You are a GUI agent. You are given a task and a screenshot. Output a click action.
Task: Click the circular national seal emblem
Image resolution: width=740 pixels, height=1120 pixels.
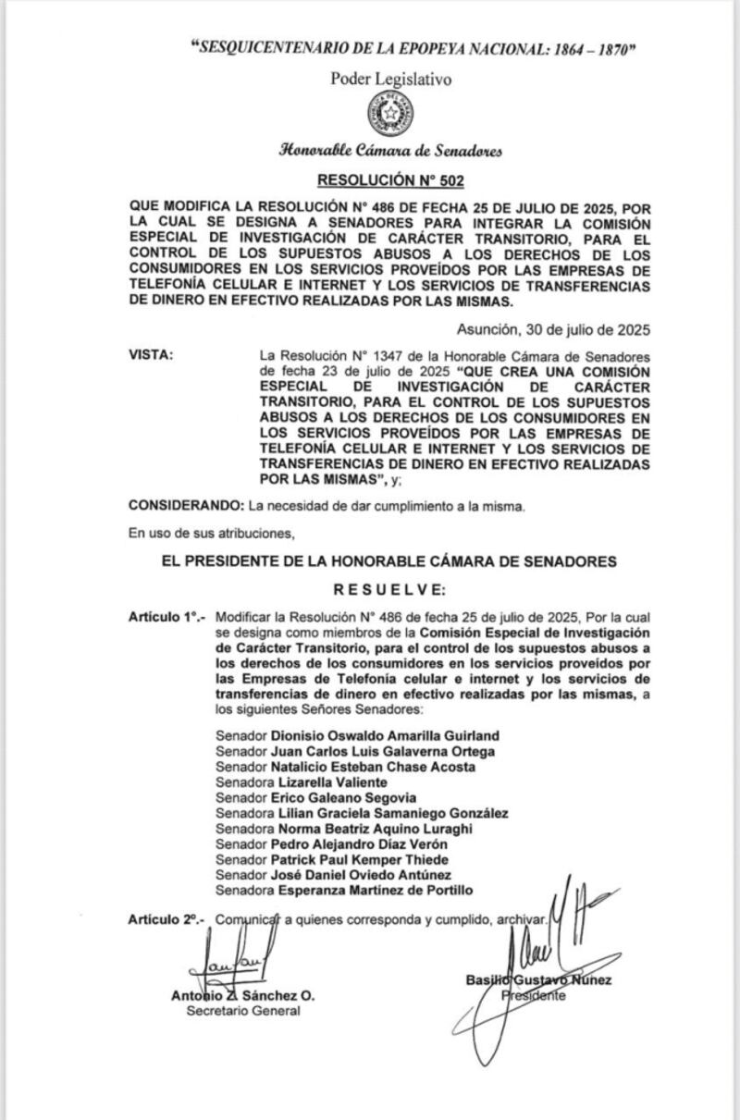(x=392, y=114)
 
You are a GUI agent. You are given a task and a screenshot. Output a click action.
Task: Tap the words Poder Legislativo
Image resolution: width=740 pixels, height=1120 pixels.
(x=391, y=80)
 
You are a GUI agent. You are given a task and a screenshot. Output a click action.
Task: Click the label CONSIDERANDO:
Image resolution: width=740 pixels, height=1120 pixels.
(x=185, y=506)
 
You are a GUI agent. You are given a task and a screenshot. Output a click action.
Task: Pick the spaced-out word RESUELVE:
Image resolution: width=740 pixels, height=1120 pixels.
(x=390, y=588)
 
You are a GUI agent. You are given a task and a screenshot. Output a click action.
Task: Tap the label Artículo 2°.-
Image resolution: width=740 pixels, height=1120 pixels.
(x=167, y=920)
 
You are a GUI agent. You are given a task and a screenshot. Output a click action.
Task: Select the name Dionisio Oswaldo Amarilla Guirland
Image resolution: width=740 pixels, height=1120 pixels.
(x=385, y=735)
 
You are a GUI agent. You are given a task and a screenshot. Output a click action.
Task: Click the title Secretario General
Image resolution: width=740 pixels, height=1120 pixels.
(x=243, y=1011)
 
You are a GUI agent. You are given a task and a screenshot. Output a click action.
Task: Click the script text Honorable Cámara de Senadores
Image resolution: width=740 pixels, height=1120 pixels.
(x=391, y=151)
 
